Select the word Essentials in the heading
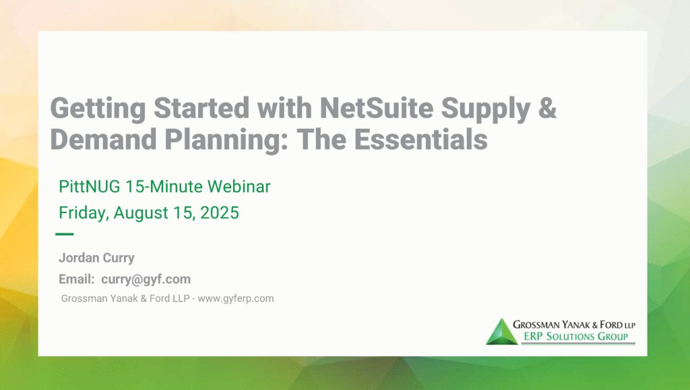(420, 139)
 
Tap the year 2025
(220, 213)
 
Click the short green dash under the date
(64, 234)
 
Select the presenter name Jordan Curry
(96, 258)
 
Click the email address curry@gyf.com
(146, 279)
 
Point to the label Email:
(77, 279)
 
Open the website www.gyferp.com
(235, 299)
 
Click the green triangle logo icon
(501, 333)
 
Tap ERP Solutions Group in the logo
(575, 337)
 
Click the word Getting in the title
(98, 109)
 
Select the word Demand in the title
(103, 139)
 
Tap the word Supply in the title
(485, 109)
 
